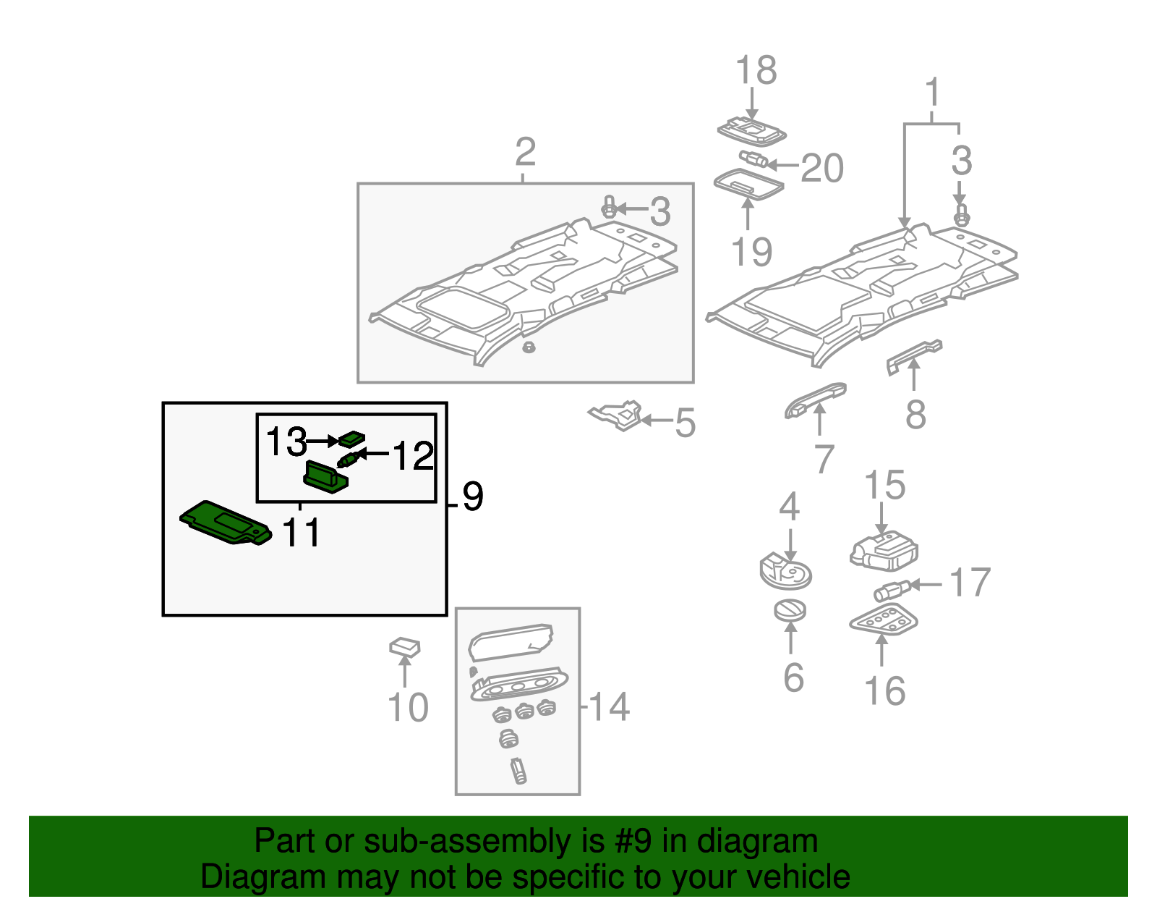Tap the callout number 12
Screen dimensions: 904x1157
[x=413, y=456]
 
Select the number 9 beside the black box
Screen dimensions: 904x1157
[x=472, y=497]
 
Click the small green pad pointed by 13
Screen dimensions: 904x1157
[x=353, y=438]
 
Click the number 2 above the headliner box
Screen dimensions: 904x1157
[x=525, y=152]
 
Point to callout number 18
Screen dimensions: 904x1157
[x=756, y=71]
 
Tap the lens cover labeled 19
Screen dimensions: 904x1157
[x=748, y=184]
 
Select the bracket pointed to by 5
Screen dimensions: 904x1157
[x=618, y=415]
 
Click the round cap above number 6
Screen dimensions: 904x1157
[x=790, y=611]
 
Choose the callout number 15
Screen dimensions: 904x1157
[x=884, y=485]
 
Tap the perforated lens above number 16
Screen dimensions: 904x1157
[x=882, y=620]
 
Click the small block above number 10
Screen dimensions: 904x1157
[x=405, y=646]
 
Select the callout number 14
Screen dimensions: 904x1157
[x=609, y=706]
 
